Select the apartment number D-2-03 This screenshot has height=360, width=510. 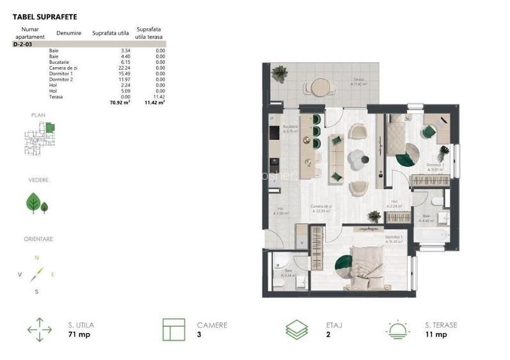(x=23, y=45)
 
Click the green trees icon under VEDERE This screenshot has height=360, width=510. (x=36, y=203)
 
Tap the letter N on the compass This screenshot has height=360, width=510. (x=36, y=257)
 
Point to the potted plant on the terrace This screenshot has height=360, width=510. (x=278, y=74)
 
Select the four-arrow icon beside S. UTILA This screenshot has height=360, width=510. (x=40, y=330)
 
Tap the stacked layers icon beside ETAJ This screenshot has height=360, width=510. (x=298, y=330)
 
